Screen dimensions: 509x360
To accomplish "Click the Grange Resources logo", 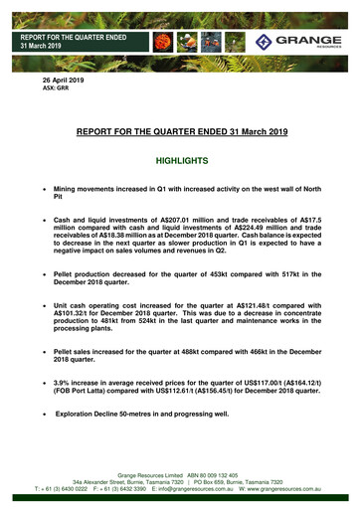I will click(297, 41).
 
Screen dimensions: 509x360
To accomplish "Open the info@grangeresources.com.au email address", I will click(195, 489).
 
